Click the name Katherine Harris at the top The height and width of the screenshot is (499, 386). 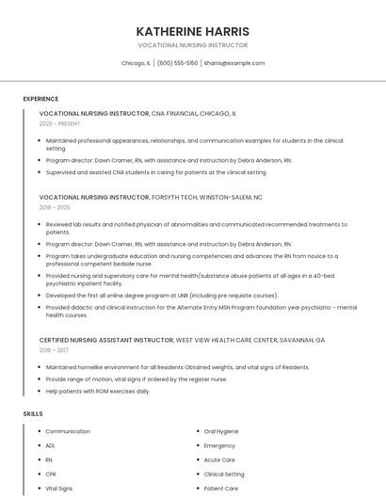point(192,31)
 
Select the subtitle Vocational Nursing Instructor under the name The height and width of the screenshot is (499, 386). point(192,45)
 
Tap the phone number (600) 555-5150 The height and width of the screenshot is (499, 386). point(177,63)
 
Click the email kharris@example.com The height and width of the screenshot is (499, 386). point(234,63)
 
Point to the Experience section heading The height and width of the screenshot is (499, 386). point(40,99)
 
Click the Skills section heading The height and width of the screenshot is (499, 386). point(33,413)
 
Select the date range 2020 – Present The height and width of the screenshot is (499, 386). point(59,123)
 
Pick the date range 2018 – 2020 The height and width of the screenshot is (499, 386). point(55,207)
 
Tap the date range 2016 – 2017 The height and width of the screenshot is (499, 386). point(54,349)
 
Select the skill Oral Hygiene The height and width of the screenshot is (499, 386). point(221,431)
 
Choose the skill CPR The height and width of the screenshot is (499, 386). point(51,475)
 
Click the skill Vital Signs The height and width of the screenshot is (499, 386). point(58,489)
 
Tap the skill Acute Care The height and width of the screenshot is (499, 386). point(219,460)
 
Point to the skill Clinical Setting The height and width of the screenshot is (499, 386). point(224,475)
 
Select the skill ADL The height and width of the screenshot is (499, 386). point(51,445)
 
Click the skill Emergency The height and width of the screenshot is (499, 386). point(219,445)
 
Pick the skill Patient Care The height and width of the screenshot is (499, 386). point(221,489)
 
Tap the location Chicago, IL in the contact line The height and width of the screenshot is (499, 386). point(136,63)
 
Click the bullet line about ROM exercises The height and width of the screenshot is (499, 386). point(98,391)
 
